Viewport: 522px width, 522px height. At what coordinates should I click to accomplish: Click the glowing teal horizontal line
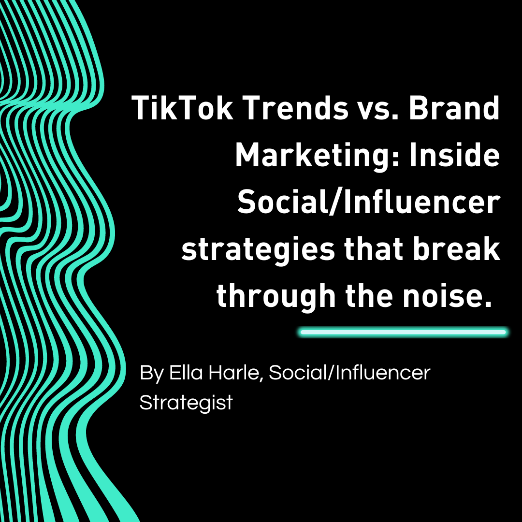[x=403, y=332]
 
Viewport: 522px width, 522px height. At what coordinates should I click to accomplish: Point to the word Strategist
[x=186, y=402]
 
